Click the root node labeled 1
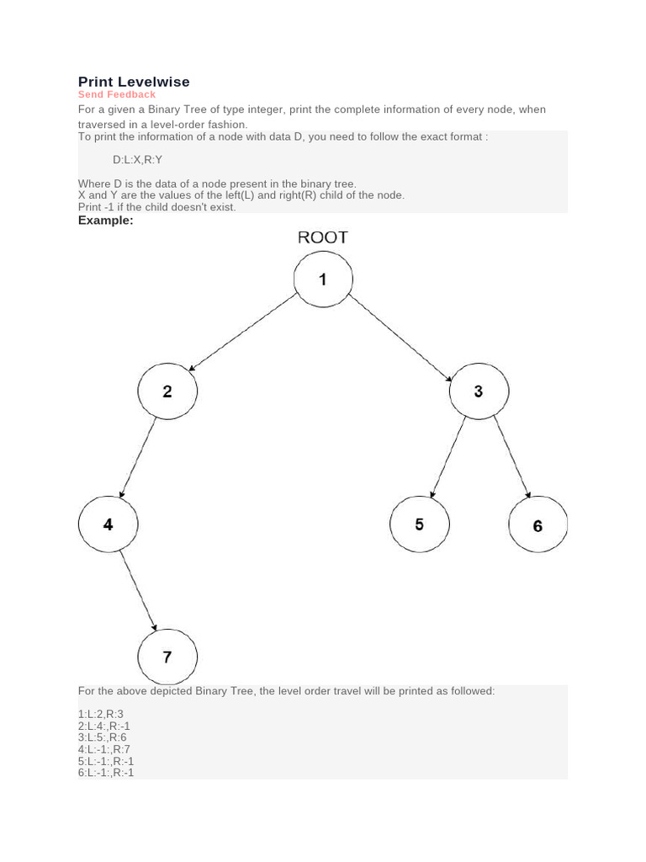tap(323, 279)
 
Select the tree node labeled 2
tap(167, 391)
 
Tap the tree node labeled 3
tap(479, 391)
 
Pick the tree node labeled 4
tap(108, 524)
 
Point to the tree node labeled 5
tap(419, 524)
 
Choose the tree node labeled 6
tap(537, 526)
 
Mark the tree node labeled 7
tap(167, 657)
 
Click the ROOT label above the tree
tap(323, 237)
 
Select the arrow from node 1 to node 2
tap(243, 332)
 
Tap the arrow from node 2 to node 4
tap(138, 458)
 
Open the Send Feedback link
tap(117, 94)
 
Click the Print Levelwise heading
tap(134, 82)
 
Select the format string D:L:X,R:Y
tap(137, 159)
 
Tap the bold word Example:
tap(106, 220)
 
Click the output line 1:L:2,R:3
tap(101, 714)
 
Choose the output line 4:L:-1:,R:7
tap(104, 749)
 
